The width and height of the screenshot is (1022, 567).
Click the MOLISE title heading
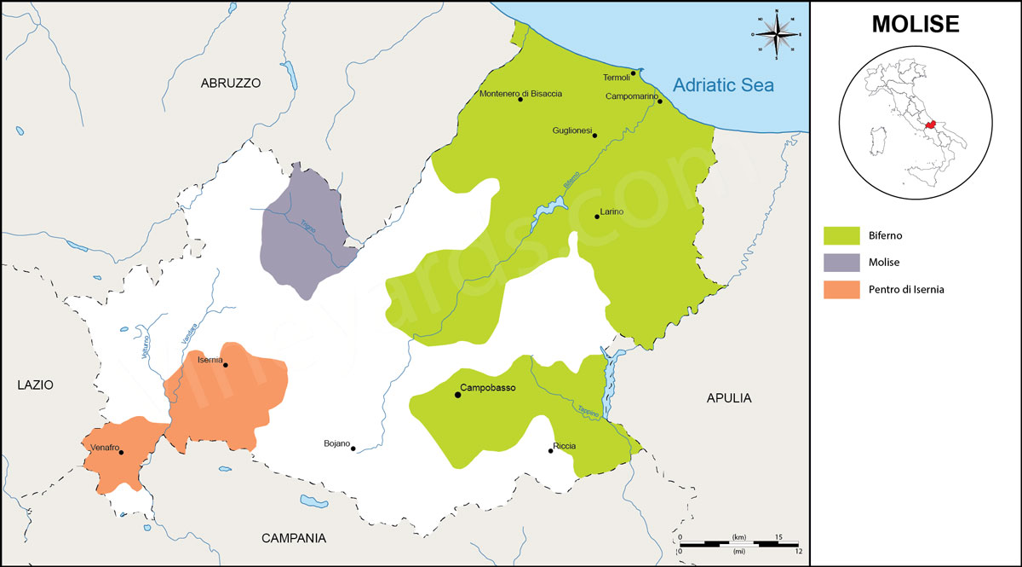[916, 25]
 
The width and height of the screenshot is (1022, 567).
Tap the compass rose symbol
[776, 35]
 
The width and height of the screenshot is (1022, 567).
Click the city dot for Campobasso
[458, 395]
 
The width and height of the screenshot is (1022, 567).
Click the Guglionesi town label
[571, 130]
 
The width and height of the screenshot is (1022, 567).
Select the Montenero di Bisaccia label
[521, 94]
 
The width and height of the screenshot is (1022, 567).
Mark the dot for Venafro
[121, 453]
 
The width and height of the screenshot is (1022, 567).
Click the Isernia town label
[210, 360]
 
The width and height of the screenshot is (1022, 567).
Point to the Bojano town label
[336, 443]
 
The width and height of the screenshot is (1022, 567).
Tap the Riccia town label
[565, 446]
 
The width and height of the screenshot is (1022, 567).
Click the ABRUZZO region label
[230, 84]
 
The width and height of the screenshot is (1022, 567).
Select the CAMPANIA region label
[294, 538]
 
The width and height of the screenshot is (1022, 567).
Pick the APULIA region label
[729, 398]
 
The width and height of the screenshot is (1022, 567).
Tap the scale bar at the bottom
[738, 543]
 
